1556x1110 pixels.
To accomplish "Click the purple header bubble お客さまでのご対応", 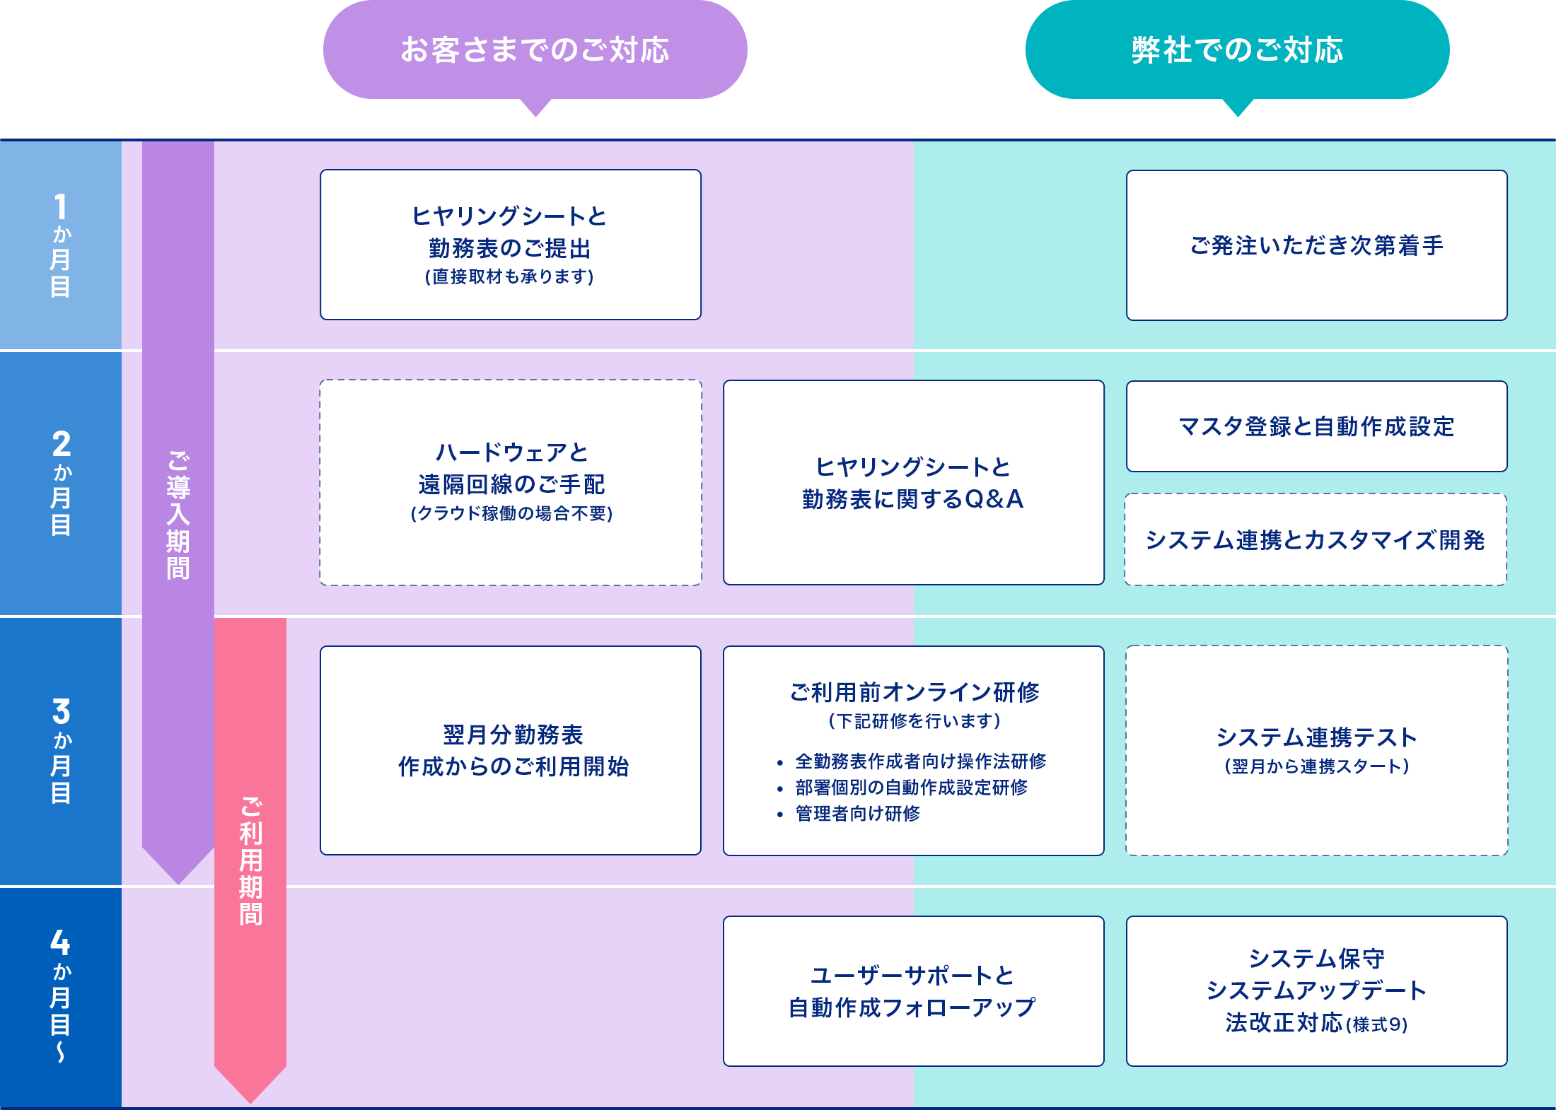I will tap(535, 49).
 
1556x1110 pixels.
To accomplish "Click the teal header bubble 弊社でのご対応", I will tap(1237, 49).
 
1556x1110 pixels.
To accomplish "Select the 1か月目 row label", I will tap(61, 245).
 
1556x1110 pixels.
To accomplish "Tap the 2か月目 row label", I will tap(61, 483).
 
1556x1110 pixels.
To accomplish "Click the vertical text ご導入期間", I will tap(178, 515).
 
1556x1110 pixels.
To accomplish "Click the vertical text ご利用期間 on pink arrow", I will tap(250, 861).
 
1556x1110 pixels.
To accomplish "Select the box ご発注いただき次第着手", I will tap(1316, 245).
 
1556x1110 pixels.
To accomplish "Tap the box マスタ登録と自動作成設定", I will tap(1316, 426).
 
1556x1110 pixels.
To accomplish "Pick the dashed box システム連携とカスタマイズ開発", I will tap(1316, 540).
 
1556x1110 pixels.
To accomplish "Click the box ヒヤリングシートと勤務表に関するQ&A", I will tap(913, 483).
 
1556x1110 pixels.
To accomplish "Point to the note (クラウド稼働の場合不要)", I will tap(511, 513).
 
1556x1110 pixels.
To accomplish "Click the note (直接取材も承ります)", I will tap(509, 276).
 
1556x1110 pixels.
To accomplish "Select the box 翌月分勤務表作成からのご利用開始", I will tap(511, 750).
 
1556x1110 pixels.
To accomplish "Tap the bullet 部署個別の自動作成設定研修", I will tap(911, 788).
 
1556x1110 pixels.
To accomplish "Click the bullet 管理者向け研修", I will tap(857, 814).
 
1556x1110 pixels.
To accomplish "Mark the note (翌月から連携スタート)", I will tap(1317, 766).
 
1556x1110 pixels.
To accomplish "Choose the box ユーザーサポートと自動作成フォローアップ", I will tap(913, 991).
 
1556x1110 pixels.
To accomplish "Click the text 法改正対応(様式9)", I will tap(1316, 1023).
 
